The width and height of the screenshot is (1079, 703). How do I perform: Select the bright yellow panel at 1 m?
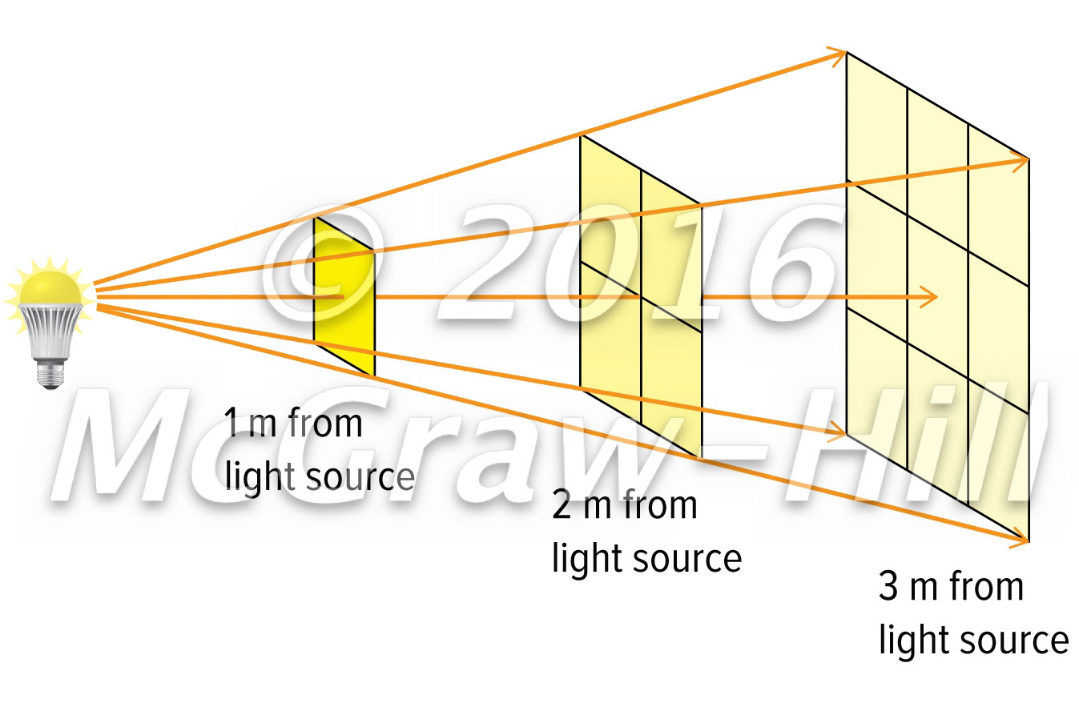click(343, 296)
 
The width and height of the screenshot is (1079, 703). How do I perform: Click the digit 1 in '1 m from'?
click(232, 424)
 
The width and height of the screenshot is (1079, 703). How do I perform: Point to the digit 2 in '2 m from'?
click(562, 506)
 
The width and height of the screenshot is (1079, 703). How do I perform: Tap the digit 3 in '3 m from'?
click(890, 589)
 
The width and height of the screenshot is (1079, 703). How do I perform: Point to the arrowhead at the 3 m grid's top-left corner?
click(839, 54)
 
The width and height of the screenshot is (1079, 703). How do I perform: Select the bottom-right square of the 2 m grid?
click(671, 384)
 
